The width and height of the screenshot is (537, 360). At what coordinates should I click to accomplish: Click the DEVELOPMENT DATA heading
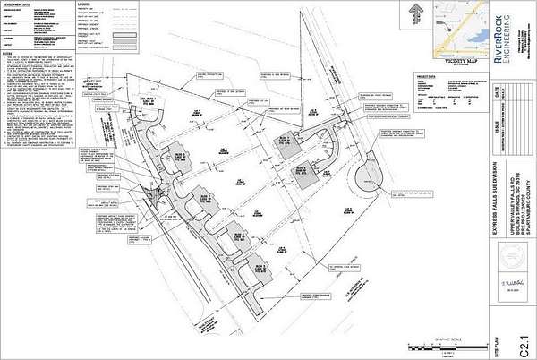pyautogui.click(x=20, y=5)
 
